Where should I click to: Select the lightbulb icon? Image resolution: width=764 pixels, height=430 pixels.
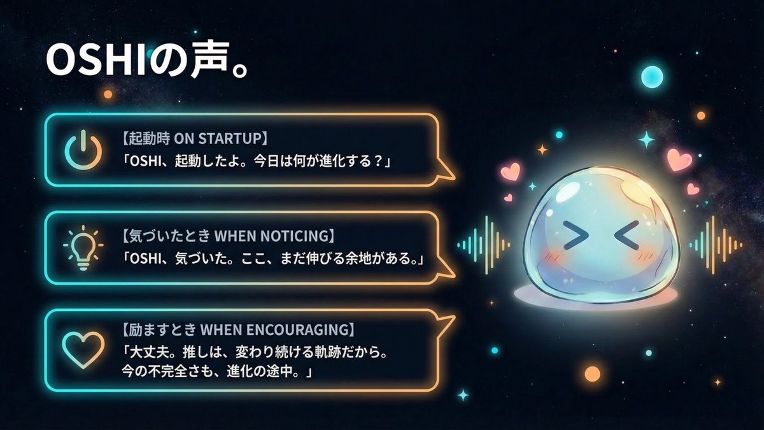tap(83, 247)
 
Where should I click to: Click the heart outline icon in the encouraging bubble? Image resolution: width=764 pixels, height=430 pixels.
tap(83, 348)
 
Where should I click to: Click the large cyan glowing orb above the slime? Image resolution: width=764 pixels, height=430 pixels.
tap(651, 77)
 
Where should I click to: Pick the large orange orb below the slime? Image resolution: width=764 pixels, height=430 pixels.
tap(592, 373)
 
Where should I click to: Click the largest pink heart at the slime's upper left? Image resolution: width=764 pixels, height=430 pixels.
tap(510, 171)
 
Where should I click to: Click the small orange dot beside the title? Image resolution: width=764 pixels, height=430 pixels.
tap(108, 94)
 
